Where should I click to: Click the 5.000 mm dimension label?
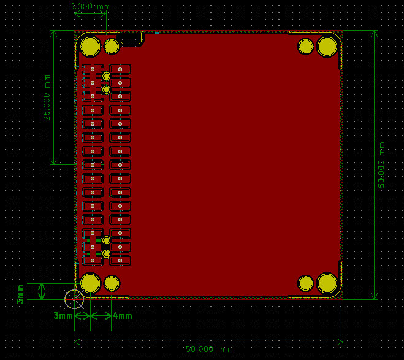(x=90, y=6)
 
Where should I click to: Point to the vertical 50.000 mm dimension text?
(x=381, y=165)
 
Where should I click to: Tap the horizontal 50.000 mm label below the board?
(x=208, y=349)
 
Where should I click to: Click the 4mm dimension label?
(x=123, y=316)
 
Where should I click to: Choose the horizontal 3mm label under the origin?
(x=63, y=316)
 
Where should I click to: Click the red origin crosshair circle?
(x=74, y=299)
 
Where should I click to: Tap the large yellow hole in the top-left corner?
(x=91, y=46)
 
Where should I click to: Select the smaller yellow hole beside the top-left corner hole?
(x=112, y=46)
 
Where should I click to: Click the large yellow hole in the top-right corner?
(x=327, y=46)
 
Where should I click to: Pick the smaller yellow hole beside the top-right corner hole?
(x=306, y=46)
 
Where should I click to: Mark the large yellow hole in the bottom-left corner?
(x=91, y=283)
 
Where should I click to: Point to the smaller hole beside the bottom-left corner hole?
(x=112, y=283)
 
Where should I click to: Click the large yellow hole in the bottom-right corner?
(x=327, y=283)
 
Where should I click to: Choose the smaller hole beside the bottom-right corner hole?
(x=306, y=283)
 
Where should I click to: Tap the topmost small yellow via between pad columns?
(x=107, y=76)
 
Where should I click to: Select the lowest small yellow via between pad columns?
(x=107, y=253)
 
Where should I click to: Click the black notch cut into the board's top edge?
(x=131, y=37)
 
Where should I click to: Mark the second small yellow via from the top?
(x=107, y=90)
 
